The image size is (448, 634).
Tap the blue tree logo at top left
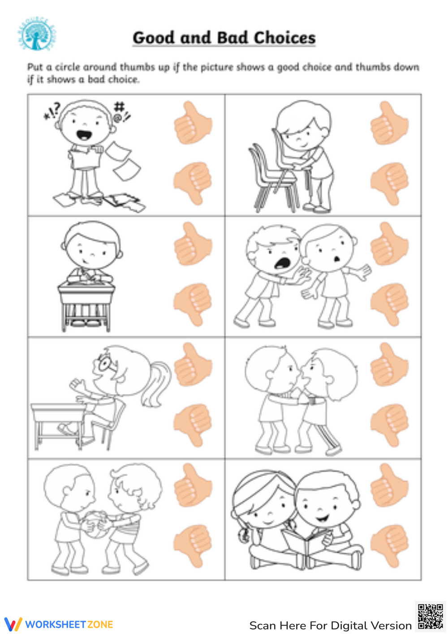coord(37,34)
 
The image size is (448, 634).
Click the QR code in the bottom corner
coord(430,617)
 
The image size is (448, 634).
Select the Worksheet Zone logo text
coord(69,624)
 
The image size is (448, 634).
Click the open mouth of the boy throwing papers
coord(84,134)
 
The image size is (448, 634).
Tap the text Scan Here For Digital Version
coord(330,625)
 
